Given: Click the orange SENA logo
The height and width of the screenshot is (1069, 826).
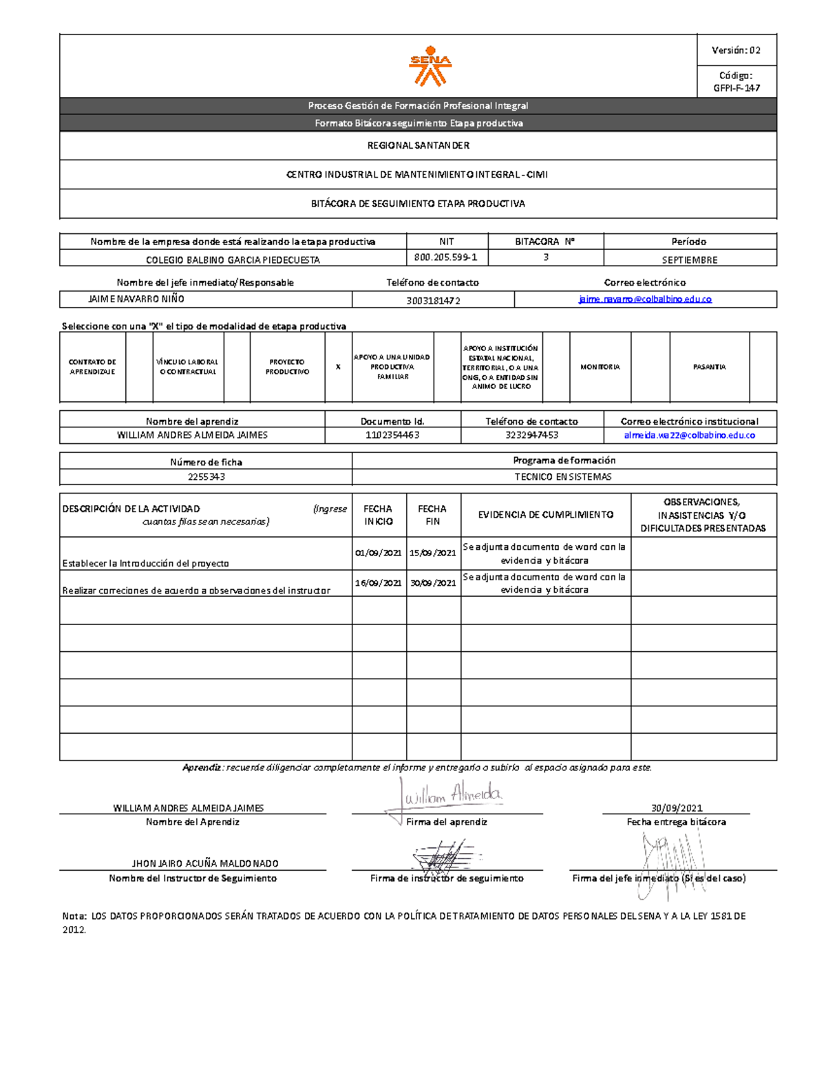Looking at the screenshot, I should click(430, 66).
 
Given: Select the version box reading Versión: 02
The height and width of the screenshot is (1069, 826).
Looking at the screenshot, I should click(736, 50).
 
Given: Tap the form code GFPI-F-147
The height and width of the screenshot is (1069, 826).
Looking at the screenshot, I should click(737, 88).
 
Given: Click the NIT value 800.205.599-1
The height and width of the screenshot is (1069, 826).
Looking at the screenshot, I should click(446, 257).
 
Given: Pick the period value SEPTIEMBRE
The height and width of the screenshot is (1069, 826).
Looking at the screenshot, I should click(689, 260).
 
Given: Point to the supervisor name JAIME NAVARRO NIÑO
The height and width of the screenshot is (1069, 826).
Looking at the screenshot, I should click(136, 299).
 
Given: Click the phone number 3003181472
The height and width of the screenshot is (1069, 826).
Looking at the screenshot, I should click(433, 301).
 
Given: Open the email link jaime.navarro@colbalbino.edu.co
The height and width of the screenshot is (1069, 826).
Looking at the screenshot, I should click(645, 299).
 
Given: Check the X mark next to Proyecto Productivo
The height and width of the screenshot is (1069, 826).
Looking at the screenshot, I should click(338, 367).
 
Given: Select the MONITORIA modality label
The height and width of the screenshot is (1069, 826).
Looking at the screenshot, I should click(600, 367).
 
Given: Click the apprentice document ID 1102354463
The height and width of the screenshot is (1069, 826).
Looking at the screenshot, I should click(392, 435).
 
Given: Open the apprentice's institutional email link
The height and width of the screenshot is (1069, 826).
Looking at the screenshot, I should click(689, 435).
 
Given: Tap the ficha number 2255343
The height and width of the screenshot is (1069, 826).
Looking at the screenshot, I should click(206, 476).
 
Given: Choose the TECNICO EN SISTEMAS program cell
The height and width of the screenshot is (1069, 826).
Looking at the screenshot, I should click(563, 476).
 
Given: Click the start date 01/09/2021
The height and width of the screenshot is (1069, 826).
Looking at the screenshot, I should click(379, 553).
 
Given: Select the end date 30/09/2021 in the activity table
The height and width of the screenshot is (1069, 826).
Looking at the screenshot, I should click(432, 583).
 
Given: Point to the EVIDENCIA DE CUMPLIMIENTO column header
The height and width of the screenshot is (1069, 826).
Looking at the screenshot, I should click(545, 515).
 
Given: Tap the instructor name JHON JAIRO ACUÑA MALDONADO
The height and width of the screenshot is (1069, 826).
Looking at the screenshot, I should click(205, 863).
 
